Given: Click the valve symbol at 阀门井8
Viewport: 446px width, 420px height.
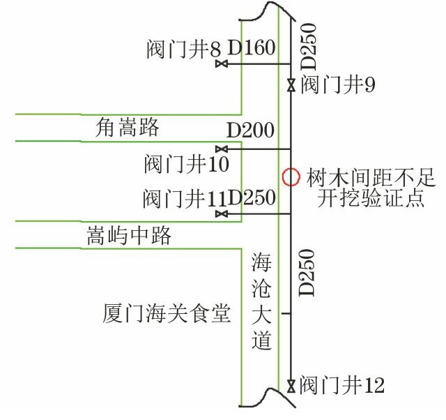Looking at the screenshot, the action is [222, 63].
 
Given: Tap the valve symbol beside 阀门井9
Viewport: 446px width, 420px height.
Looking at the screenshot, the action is [291, 85].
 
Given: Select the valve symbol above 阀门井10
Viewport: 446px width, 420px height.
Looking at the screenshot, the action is [222, 149].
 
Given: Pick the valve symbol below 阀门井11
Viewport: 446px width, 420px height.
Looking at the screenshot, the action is [222, 213].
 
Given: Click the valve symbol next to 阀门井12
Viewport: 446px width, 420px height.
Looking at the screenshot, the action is [291, 386].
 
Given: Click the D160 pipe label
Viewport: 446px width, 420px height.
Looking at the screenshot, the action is [252, 47].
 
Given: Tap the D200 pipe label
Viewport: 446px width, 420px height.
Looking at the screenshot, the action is [250, 130].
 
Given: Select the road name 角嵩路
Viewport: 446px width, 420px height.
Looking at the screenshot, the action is [127, 127].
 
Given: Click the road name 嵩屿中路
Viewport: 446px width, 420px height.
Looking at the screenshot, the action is [129, 236].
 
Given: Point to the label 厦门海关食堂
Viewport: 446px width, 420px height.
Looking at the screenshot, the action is [167, 313].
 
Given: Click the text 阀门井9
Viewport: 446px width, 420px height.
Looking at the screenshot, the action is [338, 84].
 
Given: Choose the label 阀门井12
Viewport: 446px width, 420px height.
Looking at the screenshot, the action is [341, 385].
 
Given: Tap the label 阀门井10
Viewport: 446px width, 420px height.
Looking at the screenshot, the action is [187, 164].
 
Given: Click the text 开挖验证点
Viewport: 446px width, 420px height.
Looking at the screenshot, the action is [371, 197].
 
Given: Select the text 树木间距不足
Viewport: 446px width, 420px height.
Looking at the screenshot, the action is [371, 177].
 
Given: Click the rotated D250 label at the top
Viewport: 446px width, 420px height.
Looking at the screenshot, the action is [308, 47].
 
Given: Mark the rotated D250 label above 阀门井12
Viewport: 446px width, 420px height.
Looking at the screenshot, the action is [307, 273].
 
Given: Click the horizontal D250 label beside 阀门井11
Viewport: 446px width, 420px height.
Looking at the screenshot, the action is [252, 197].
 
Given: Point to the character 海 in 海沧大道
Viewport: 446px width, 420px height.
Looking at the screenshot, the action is [261, 262].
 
